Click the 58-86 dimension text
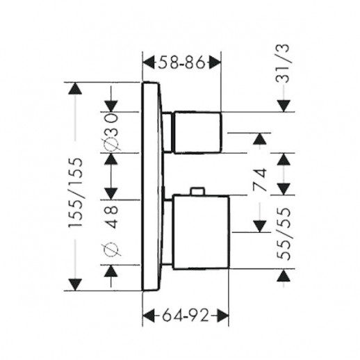[x=181, y=62]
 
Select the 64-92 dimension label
[x=186, y=316]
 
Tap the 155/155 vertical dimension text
[x=76, y=193]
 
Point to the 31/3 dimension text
[x=282, y=63]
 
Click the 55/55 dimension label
[x=284, y=234]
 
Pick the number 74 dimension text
[x=260, y=180]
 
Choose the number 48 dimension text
[x=111, y=217]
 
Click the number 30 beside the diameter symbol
[x=111, y=124]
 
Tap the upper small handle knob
[x=197, y=132]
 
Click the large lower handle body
[x=201, y=232]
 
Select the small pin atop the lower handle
[x=197, y=191]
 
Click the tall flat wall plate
[x=152, y=186]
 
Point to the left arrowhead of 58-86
[x=149, y=62]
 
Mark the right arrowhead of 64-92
[x=223, y=316]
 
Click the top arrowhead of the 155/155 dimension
[x=75, y=88]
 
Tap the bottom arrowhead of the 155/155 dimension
[x=75, y=284]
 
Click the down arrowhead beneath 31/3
[x=284, y=106]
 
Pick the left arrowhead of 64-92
[x=149, y=316]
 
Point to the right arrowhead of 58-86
[x=215, y=62]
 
